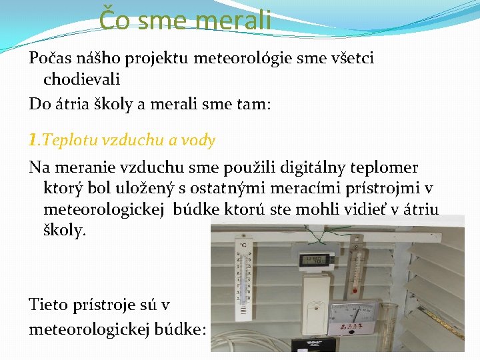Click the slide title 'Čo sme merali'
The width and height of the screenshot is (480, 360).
(185, 19)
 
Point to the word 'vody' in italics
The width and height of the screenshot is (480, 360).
(199, 141)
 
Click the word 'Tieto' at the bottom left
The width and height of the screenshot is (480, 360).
(49, 305)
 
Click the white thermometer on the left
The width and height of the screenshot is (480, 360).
(243, 280)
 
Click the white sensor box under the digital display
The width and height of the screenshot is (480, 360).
(320, 303)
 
